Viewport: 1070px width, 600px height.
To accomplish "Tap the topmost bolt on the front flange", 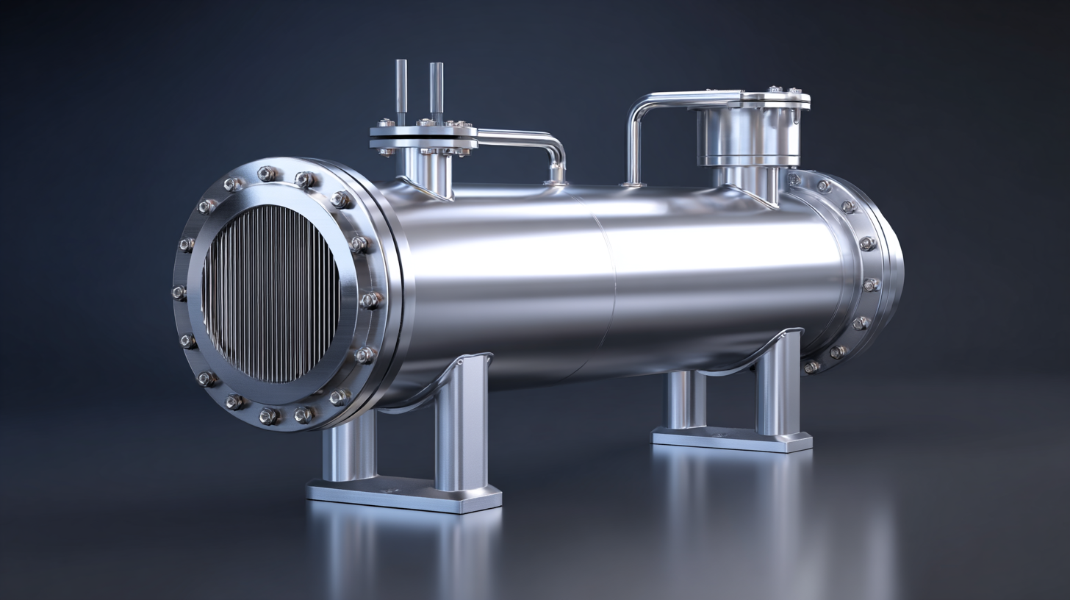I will point(267,174).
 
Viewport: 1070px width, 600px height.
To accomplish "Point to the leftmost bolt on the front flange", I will point(179,293).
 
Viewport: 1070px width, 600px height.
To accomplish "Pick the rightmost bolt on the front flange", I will point(371,299).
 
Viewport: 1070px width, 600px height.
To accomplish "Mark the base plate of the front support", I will point(404,496).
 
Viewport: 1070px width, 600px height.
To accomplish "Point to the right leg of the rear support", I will point(779,386).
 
